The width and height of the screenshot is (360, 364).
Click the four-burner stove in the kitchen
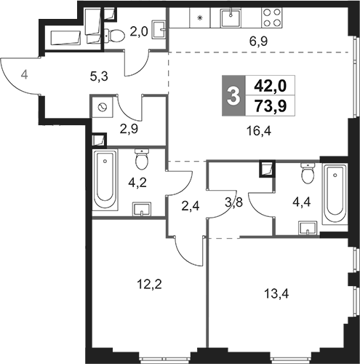point(272,17)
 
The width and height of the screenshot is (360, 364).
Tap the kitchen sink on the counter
point(231,17)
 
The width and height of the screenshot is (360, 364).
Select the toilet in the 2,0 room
point(114,36)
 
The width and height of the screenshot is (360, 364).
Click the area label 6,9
point(258,41)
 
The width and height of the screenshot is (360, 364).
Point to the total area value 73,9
point(271,106)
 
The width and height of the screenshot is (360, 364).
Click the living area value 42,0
point(271,86)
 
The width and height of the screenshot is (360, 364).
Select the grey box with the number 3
point(233,95)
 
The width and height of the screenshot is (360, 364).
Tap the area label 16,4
point(259,131)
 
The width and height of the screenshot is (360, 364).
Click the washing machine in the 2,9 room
point(102,107)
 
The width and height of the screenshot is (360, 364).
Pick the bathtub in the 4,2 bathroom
point(105,180)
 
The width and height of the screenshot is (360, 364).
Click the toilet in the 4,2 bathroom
point(141,159)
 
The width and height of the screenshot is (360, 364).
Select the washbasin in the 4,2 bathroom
point(142,209)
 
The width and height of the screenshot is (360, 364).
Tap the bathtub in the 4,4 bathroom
point(335,194)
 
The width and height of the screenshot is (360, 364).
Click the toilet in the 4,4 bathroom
point(308,173)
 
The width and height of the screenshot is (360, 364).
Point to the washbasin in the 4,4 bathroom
point(308,228)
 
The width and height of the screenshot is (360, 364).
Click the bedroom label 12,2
point(149,284)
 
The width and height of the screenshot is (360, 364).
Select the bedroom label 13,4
point(276,294)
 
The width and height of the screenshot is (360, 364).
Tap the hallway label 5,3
point(99,77)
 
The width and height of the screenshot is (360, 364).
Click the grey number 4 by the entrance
point(24,74)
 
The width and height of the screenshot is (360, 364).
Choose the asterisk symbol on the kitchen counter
point(200,17)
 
